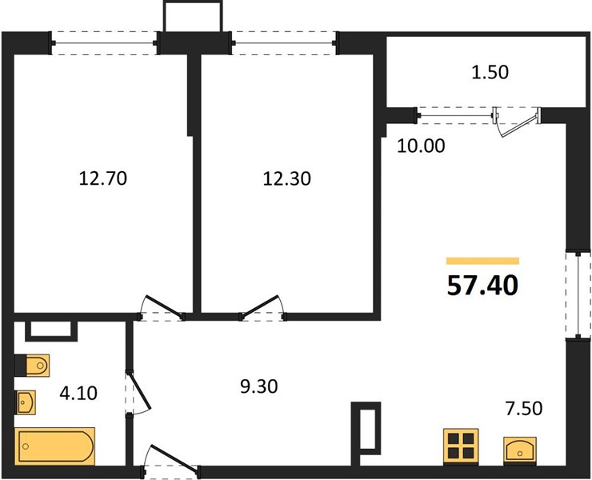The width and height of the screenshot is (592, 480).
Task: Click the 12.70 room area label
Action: click(x=103, y=178)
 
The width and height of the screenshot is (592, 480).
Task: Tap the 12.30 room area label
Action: click(x=287, y=178)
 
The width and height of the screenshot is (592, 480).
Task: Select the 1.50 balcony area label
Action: click(x=490, y=72)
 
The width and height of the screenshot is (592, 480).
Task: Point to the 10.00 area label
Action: click(x=421, y=146)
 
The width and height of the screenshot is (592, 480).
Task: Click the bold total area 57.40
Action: click(x=482, y=286)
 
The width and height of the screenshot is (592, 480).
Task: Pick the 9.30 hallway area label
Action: click(x=259, y=386)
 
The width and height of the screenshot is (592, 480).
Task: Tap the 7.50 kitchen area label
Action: click(x=524, y=408)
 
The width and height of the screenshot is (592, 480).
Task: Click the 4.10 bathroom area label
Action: click(x=78, y=393)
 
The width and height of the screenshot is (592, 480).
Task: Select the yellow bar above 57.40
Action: click(x=482, y=261)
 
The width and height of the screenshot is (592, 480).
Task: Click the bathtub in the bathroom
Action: click(x=54, y=446)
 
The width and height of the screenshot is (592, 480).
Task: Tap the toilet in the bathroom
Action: click(x=33, y=366)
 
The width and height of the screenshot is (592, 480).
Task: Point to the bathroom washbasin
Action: click(x=26, y=402)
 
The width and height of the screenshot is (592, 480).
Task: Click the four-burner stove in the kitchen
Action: click(x=461, y=446)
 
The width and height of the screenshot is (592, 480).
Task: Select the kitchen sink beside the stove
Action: click(x=520, y=450)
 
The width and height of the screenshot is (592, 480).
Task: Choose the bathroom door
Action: click(x=139, y=393)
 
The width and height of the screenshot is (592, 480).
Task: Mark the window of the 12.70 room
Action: click(x=104, y=43)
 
